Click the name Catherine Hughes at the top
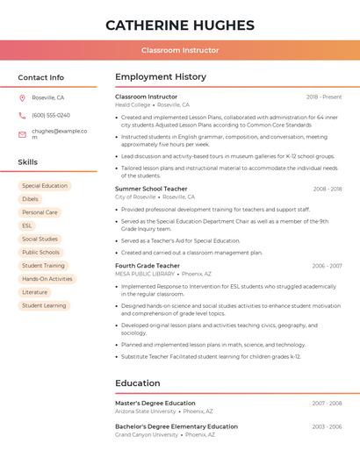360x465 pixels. pos(180,25)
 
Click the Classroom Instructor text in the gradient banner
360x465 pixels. pos(180,50)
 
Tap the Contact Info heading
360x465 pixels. pos(40,77)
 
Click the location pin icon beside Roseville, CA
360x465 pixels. pos(22,97)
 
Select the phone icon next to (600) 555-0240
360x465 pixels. pos(22,116)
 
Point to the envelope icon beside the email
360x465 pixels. pos(22,134)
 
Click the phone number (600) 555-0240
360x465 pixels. pos(51,116)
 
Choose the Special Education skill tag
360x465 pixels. pos(45,186)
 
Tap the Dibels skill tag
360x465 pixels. pos(30,199)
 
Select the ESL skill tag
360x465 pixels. pos(27,225)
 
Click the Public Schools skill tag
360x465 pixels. pos(40,252)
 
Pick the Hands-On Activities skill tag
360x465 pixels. pos(47,279)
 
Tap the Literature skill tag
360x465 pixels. pos(34,292)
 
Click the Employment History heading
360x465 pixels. pos(161,77)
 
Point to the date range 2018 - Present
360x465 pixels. pos(324,97)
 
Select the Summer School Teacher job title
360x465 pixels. pos(151,189)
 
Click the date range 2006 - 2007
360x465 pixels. pos(327,266)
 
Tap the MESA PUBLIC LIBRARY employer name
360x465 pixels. pos(145,274)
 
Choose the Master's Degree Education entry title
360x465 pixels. pos(155,403)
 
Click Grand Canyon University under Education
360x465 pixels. pos(147,434)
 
